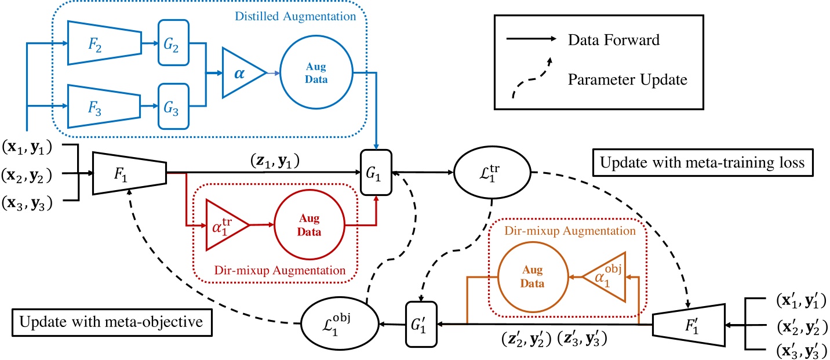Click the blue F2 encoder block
pyautogui.click(x=104, y=43)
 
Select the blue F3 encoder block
pyautogui.click(x=104, y=106)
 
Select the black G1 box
pyautogui.click(x=377, y=172)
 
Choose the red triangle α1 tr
pyautogui.click(x=227, y=224)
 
